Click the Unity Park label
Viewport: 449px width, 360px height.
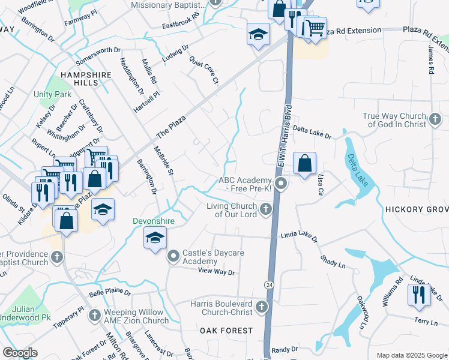52,94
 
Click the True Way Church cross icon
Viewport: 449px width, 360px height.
435,120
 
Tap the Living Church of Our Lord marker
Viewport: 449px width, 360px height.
266,209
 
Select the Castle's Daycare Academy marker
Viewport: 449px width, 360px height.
173,257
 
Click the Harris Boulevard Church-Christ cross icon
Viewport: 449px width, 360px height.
261,308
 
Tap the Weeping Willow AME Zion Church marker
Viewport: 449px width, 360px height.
94,316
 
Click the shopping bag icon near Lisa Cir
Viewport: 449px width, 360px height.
304,163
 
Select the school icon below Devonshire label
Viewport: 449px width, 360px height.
154,239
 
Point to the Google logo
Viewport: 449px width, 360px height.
20,353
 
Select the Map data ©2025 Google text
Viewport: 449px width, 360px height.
411,355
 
